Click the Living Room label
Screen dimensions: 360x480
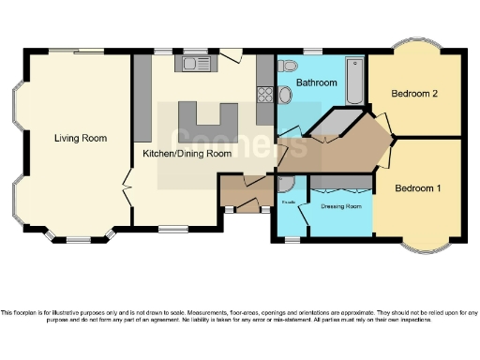(x=80, y=138)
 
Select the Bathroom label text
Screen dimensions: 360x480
(x=316, y=83)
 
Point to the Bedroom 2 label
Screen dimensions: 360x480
(x=415, y=94)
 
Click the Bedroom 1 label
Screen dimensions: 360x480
(x=417, y=188)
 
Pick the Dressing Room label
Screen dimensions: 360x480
(x=340, y=206)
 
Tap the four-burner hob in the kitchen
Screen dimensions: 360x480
(x=263, y=93)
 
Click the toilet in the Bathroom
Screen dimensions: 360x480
(x=287, y=66)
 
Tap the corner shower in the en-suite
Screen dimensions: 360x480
(x=286, y=185)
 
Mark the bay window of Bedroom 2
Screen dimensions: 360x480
(x=413, y=47)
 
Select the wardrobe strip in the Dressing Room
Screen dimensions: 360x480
(x=340, y=181)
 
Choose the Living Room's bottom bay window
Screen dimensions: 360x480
(x=79, y=238)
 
